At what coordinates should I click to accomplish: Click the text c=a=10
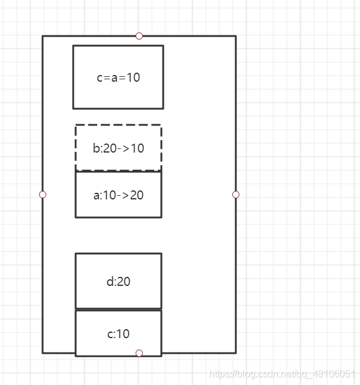[118, 77]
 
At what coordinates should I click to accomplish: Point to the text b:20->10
[118, 148]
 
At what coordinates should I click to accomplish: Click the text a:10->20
[118, 195]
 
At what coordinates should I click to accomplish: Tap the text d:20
[118, 281]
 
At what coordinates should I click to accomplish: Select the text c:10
[118, 334]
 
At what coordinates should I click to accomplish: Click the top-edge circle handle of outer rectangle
[139, 36]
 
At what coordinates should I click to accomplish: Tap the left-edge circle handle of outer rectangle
[43, 195]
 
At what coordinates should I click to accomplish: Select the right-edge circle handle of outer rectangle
[236, 195]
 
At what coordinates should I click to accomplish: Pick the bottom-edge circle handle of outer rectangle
[139, 353]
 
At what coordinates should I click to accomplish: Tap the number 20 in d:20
[123, 281]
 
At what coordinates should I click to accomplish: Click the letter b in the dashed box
[96, 148]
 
